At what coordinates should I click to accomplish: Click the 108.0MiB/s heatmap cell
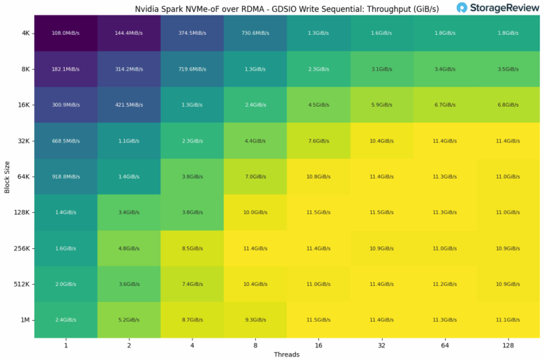click(66, 33)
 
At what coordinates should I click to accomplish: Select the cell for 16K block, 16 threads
click(319, 105)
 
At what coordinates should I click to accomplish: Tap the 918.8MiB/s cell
click(66, 177)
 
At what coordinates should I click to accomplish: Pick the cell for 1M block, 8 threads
click(255, 320)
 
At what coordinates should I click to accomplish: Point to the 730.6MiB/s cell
click(255, 33)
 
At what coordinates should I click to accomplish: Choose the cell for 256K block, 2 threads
click(129, 248)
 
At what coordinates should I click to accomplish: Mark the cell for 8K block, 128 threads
click(508, 68)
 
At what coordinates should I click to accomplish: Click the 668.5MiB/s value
click(66, 140)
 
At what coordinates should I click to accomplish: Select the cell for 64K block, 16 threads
click(319, 177)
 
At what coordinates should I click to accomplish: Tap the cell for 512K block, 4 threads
click(192, 284)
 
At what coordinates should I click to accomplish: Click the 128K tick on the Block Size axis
click(20, 212)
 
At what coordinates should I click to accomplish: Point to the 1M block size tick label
click(24, 320)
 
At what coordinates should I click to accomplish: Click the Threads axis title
click(287, 354)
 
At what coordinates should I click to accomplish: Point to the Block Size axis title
click(7, 177)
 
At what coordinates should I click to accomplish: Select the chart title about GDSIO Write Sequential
click(287, 9)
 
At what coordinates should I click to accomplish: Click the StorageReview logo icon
click(462, 8)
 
